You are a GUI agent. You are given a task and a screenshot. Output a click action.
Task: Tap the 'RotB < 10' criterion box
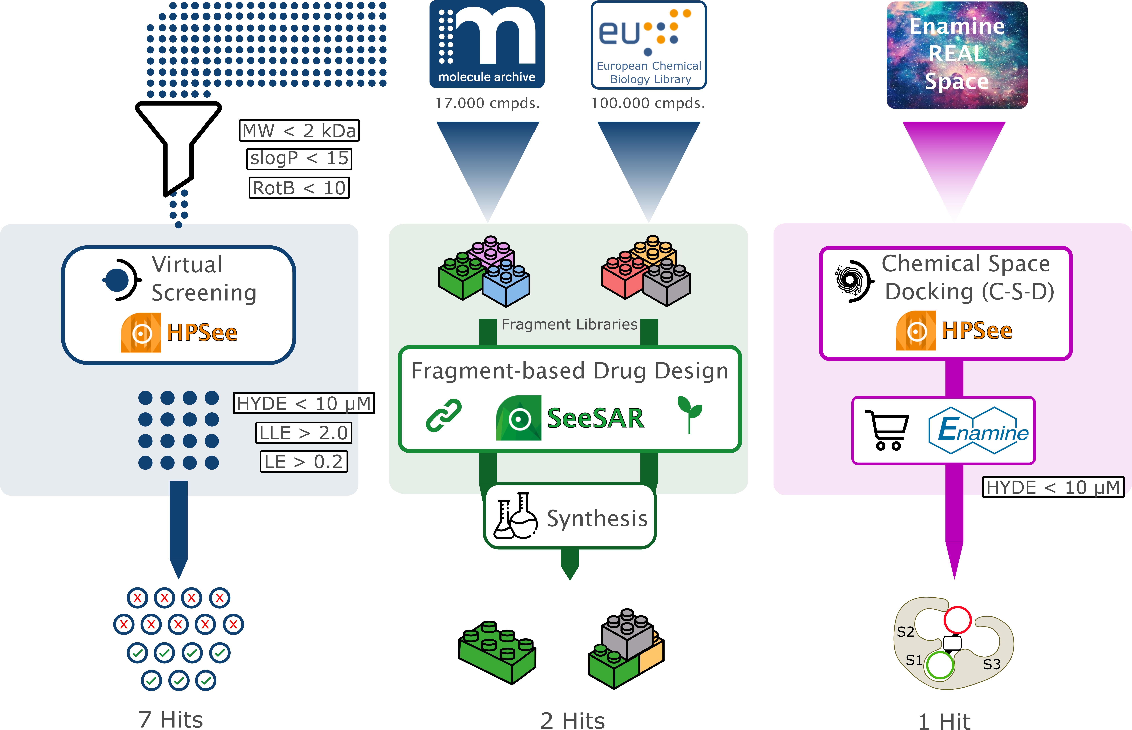click(299, 188)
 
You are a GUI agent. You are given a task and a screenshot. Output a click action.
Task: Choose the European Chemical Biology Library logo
click(649, 45)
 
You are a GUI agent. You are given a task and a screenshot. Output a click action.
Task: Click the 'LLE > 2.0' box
click(304, 433)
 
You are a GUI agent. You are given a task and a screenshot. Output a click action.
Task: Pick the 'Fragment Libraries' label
click(569, 324)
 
